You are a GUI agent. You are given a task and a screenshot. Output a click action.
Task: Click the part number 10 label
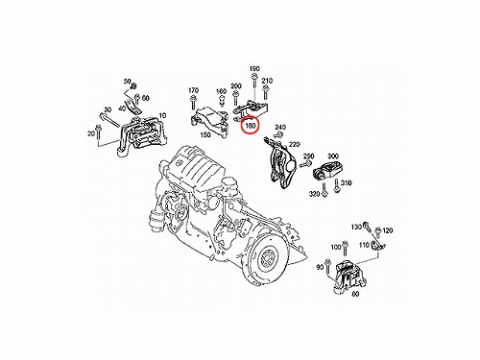(162, 115)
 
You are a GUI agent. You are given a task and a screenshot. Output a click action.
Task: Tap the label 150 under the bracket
(204, 134)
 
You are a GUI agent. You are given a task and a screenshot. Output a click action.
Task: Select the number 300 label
(333, 156)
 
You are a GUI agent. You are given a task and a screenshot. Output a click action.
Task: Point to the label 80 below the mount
(355, 294)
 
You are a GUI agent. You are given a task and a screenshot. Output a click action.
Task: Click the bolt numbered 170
(193, 103)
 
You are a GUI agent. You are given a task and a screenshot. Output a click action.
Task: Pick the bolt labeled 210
(265, 92)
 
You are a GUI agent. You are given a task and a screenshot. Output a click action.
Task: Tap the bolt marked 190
(254, 81)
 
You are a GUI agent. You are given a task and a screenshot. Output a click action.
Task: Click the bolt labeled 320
(324, 190)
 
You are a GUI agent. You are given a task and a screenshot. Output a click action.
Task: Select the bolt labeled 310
(336, 186)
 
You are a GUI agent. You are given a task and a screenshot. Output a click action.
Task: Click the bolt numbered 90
(327, 266)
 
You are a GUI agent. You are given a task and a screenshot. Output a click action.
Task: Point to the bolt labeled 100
(345, 249)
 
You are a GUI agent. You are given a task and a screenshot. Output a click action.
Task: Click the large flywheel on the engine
(265, 258)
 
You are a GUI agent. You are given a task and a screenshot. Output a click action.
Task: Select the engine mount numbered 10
(142, 136)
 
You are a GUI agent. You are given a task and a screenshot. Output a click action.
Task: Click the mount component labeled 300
(327, 170)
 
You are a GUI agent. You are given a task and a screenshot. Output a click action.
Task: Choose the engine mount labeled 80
(348, 276)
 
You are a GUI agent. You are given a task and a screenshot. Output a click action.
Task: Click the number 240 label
(280, 127)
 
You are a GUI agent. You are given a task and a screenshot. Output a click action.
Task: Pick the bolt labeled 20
(98, 133)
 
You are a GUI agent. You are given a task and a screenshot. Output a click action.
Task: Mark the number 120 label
(387, 230)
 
